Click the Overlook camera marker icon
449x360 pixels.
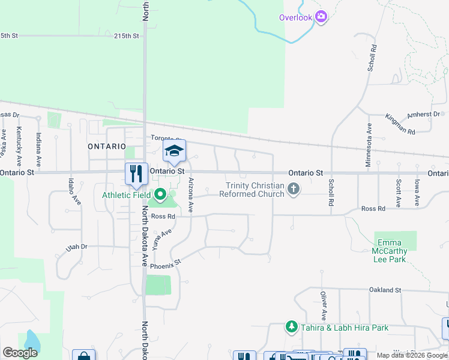point(321,17)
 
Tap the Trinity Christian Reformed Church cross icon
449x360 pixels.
point(294,190)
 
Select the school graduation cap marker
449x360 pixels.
point(174,151)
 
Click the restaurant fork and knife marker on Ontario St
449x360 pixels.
point(136,173)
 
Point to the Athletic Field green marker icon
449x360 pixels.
point(160,194)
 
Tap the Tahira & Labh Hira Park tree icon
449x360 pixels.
point(292,327)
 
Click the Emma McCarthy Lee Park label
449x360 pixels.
point(391,251)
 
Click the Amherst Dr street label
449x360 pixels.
point(424,114)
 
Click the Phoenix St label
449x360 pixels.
point(165,264)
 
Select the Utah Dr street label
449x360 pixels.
point(77,246)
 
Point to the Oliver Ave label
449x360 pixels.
point(323,306)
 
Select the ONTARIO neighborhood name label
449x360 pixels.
point(106,146)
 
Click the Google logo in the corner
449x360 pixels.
point(20,352)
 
